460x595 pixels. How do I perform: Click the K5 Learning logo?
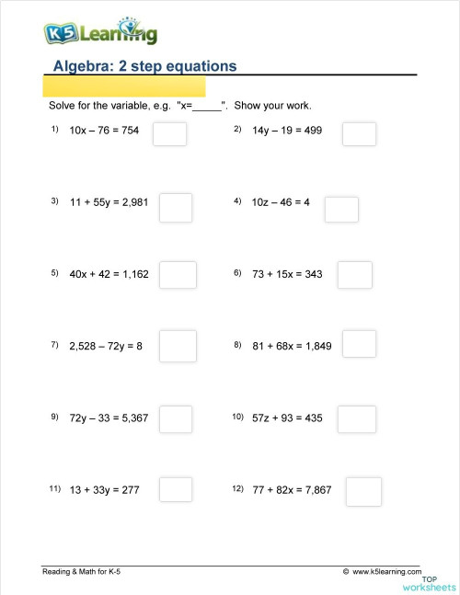(x=100, y=33)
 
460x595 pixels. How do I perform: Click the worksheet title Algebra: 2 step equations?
(x=145, y=66)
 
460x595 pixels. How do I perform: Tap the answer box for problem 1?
(x=169, y=134)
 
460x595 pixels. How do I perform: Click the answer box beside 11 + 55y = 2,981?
(x=176, y=207)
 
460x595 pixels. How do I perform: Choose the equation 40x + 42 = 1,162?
(x=109, y=274)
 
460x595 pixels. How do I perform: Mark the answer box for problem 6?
(x=355, y=275)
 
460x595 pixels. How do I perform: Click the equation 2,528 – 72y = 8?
(x=106, y=346)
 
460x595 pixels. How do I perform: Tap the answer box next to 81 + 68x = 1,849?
(x=360, y=344)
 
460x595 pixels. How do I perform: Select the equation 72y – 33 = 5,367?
(x=109, y=418)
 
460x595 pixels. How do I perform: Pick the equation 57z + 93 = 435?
(x=287, y=418)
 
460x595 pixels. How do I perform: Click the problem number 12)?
(x=238, y=489)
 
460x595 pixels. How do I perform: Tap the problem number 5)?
(x=55, y=273)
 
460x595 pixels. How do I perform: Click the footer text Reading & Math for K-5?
(x=82, y=572)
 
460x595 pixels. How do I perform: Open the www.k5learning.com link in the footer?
(x=381, y=572)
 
